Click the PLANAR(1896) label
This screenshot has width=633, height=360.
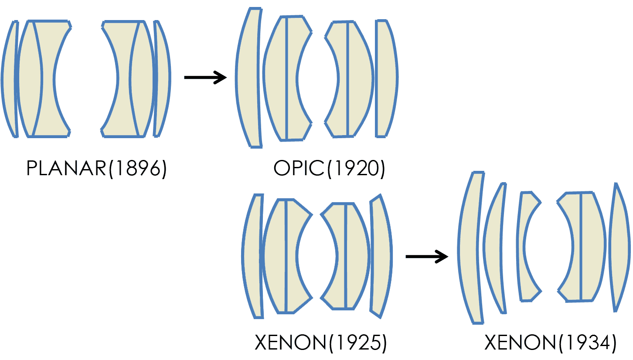(x=96, y=169)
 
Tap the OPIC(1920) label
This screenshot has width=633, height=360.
(x=329, y=169)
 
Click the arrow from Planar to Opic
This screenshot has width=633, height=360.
(x=205, y=78)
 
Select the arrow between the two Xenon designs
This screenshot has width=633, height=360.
(x=426, y=256)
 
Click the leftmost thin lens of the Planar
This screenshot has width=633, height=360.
(x=10, y=78)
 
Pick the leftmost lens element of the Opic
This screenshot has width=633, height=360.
(x=248, y=78)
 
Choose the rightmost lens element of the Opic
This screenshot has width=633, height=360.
(x=386, y=78)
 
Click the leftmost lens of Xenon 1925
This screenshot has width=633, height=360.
(x=253, y=256)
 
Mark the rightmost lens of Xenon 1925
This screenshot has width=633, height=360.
(x=381, y=256)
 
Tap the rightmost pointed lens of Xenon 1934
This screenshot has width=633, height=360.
(x=619, y=248)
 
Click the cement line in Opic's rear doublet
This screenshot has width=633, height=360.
(x=347, y=78)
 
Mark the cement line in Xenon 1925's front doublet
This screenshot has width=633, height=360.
(x=286, y=256)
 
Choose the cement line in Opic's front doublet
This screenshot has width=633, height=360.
(x=286, y=78)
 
